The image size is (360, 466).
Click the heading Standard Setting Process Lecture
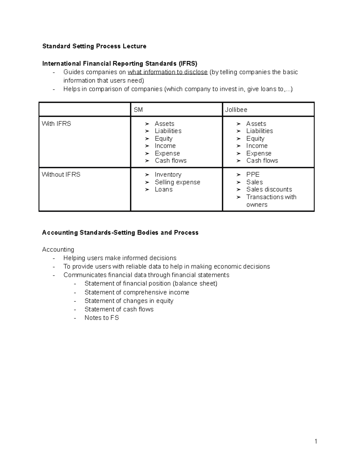94,46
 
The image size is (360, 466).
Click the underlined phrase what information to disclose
167,72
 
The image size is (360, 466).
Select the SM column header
138,110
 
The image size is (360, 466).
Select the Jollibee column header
236,110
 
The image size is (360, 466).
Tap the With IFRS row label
56,124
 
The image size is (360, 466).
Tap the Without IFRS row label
61,175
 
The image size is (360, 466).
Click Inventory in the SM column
168,175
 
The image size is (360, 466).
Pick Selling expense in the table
177,182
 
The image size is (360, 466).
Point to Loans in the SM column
163,189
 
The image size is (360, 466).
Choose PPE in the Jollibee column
253,175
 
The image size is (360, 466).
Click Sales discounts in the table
269,189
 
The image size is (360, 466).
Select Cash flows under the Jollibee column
262,161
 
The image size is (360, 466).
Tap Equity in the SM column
163,139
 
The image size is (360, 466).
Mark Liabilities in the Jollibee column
259,131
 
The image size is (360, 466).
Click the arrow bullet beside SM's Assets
147,124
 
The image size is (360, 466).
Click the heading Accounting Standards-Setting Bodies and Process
120,233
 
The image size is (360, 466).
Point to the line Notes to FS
102,318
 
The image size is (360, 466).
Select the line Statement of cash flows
119,309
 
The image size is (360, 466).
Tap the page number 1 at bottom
316,441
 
